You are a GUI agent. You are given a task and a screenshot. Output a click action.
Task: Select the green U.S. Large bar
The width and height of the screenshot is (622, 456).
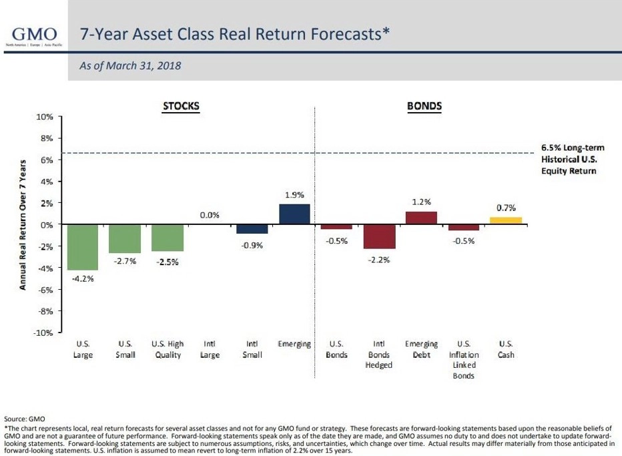tap(83, 247)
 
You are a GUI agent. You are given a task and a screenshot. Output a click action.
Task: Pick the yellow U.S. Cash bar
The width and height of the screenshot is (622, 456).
tap(506, 220)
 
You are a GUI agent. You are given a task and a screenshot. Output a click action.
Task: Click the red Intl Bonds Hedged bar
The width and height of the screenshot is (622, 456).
tap(379, 236)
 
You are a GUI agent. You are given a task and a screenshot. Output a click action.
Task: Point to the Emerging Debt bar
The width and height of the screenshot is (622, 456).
tap(421, 218)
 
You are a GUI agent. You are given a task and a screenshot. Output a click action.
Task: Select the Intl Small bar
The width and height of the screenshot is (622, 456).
tap(252, 229)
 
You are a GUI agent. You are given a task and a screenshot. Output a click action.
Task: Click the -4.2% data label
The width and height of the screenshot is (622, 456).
tap(83, 279)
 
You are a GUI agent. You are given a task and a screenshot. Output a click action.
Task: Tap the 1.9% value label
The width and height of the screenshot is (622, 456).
tap(294, 195)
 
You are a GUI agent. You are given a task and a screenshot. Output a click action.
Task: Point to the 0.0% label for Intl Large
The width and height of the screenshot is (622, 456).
tap(210, 216)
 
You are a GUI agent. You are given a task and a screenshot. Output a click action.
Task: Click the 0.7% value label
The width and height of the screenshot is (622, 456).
tap(506, 208)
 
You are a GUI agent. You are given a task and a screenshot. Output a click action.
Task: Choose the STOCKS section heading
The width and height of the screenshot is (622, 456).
tap(181, 106)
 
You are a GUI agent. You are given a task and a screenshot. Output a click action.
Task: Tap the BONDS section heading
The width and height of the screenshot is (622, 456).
tap(424, 106)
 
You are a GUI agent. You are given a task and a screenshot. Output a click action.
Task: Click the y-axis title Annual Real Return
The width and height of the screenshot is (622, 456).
tap(23, 224)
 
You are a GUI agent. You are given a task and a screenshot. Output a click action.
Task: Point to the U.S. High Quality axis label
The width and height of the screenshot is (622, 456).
tap(168, 349)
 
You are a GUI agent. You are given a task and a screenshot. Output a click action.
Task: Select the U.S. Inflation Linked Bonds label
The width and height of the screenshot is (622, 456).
tap(463, 360)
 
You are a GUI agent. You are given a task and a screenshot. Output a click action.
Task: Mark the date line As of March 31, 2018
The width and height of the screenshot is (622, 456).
tap(130, 66)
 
